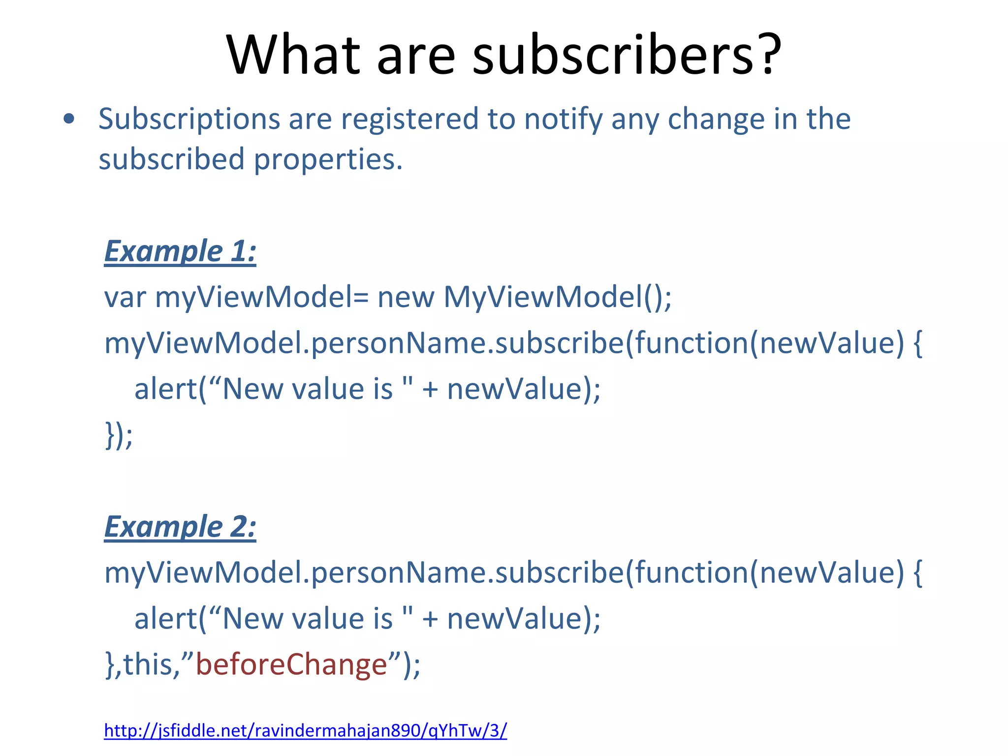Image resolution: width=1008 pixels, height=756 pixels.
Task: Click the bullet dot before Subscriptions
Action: point(69,119)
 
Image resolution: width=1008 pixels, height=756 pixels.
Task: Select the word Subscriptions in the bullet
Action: point(189,120)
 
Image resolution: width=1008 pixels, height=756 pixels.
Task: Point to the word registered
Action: point(409,120)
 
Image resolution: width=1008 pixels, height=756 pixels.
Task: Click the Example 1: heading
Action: point(180,251)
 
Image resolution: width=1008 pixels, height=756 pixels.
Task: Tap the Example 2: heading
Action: point(180,527)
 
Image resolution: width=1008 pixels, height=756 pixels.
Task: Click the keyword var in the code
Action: point(125,297)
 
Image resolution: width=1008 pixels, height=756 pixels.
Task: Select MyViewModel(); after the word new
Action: point(557,297)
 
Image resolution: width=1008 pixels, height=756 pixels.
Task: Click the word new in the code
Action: point(406,297)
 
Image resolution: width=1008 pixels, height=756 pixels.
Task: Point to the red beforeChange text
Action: point(291,664)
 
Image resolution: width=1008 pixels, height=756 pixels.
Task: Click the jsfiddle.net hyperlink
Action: point(305,730)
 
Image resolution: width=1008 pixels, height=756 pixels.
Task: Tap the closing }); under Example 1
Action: point(119,435)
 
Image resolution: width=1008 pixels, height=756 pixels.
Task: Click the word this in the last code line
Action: point(147,664)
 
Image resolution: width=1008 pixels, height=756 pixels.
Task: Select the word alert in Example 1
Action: point(165,389)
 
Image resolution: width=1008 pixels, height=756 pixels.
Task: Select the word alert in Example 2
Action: point(165,619)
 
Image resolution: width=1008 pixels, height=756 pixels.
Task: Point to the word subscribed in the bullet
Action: point(171,160)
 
